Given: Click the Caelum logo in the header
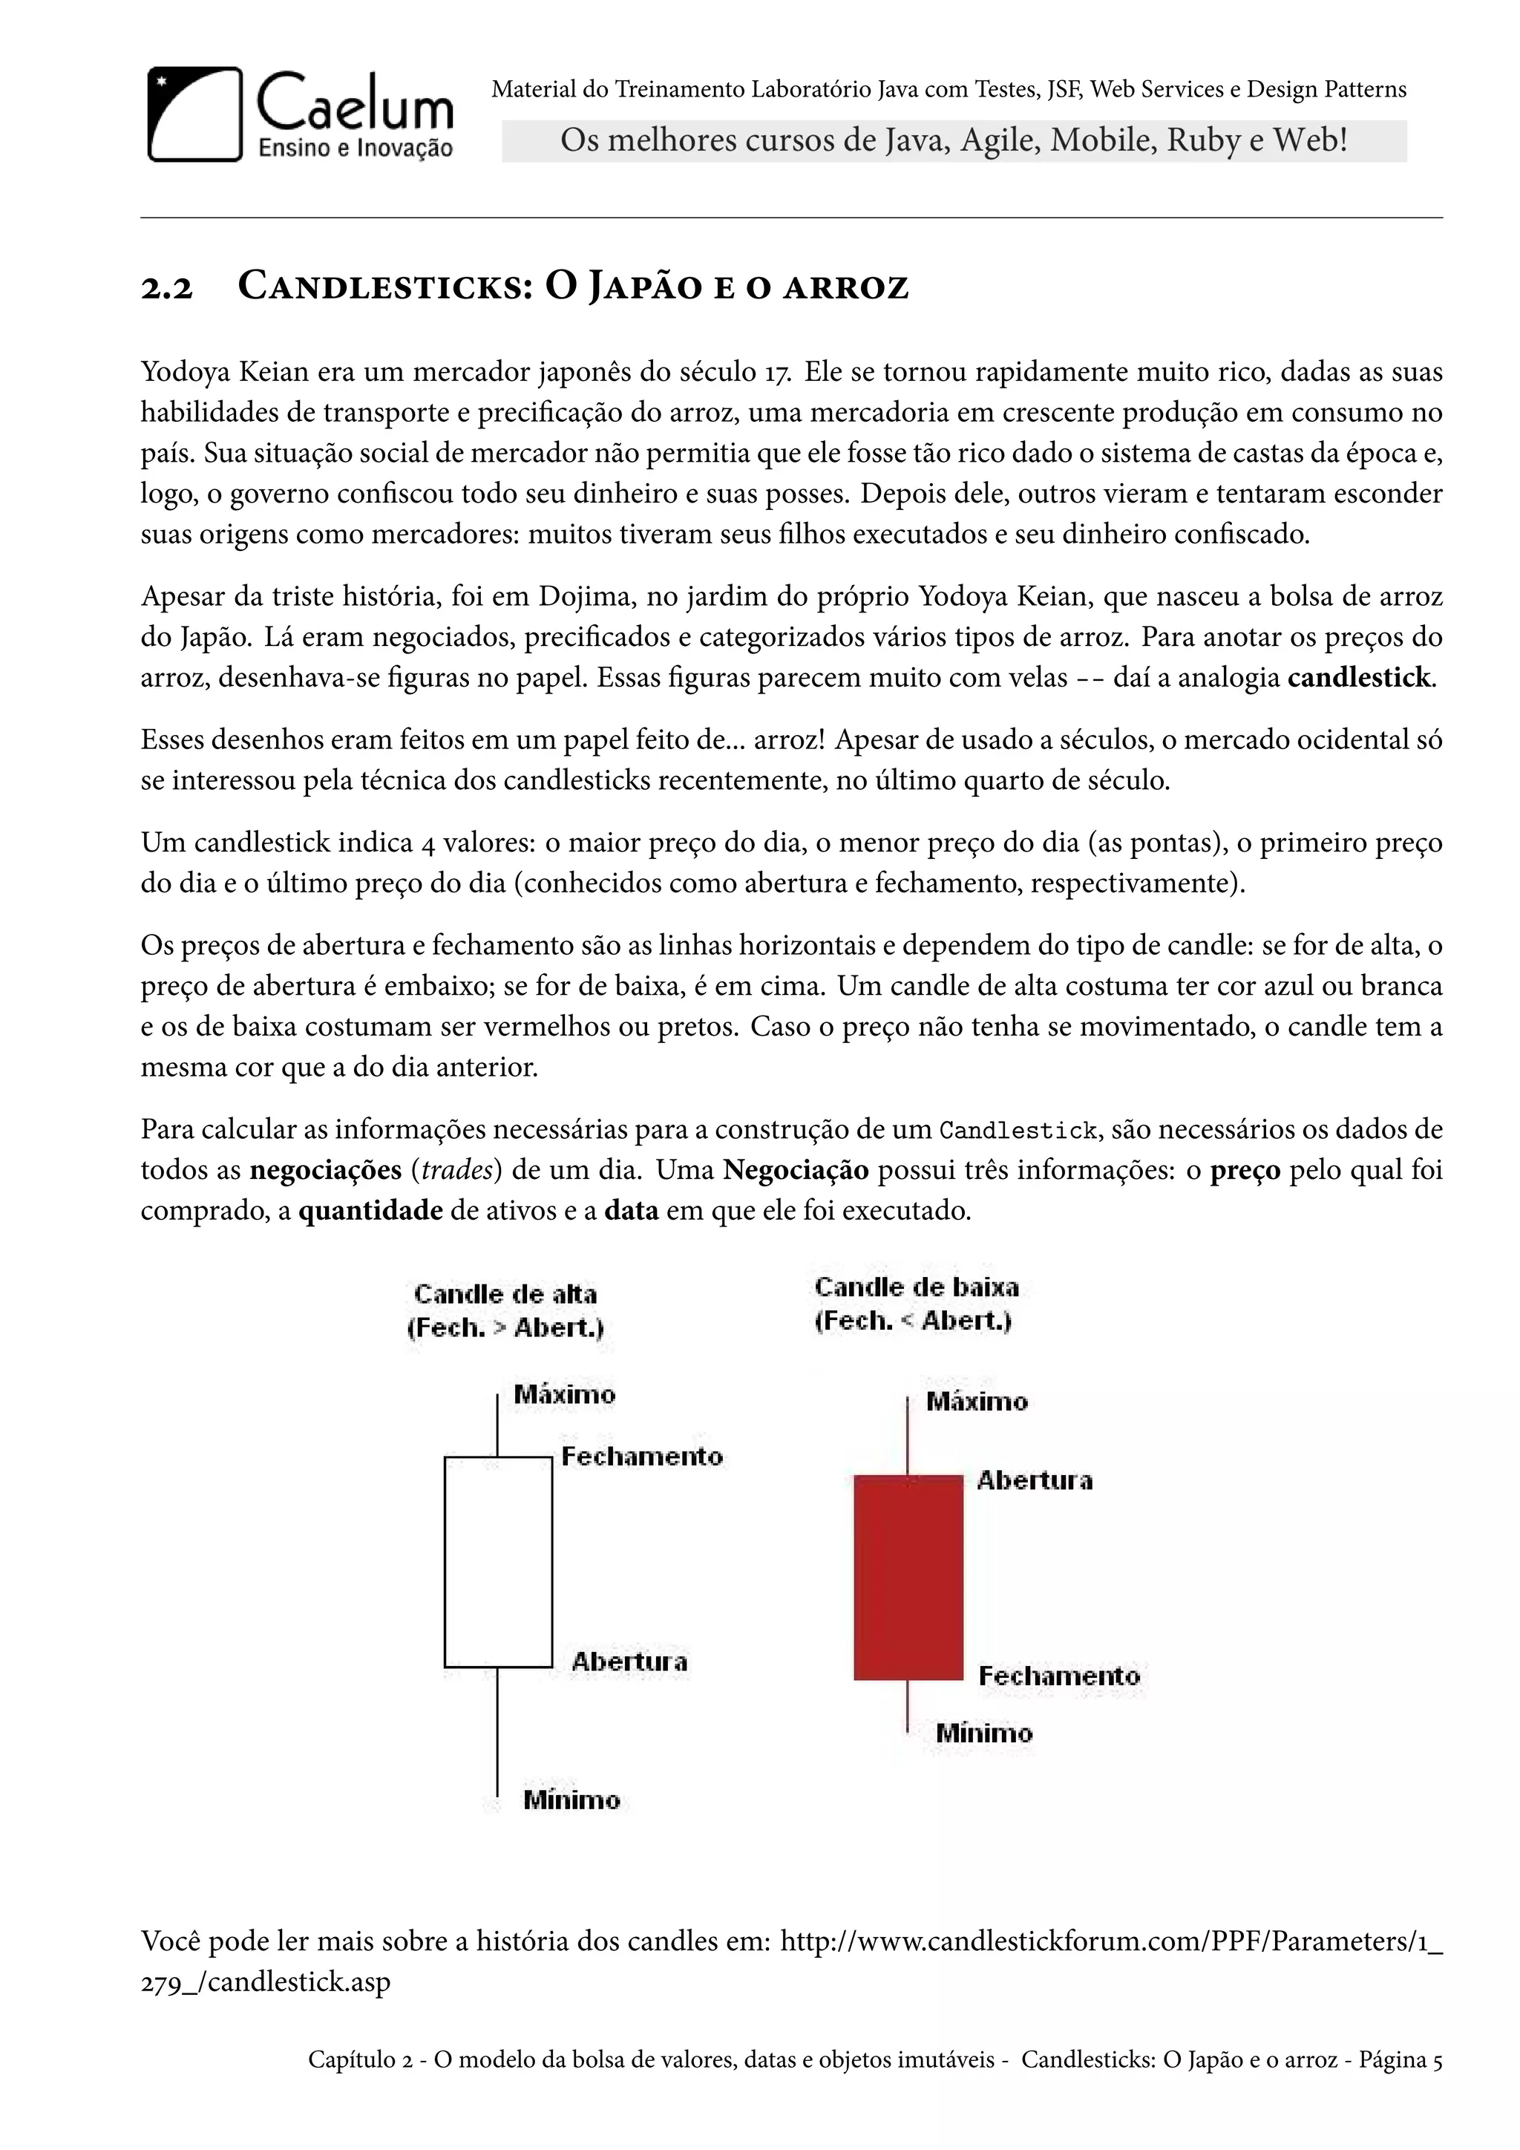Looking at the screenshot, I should (300, 114).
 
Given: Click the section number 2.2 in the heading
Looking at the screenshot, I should (166, 287).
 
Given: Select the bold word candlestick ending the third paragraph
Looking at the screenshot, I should (1358, 677).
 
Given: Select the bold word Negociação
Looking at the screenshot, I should (796, 1171).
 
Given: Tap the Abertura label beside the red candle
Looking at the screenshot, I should (1034, 1480).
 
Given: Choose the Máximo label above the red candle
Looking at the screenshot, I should (976, 1402).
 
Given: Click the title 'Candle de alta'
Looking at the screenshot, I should (505, 1294).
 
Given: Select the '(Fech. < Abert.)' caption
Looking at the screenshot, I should (914, 1321).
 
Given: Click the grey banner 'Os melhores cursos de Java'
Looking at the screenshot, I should (953, 141).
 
